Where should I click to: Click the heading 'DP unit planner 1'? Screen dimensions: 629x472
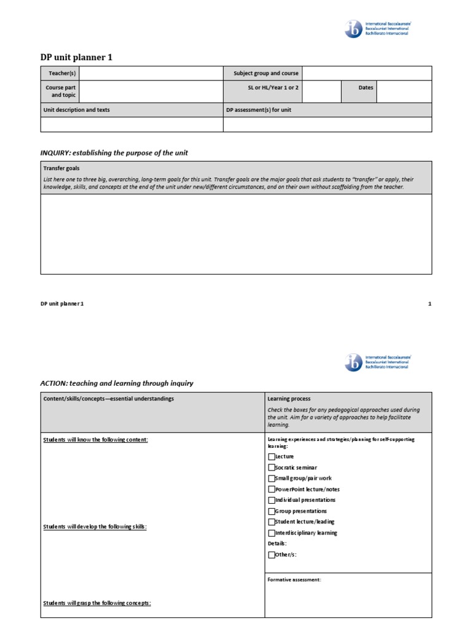point(76,57)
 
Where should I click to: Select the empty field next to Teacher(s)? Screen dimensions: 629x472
point(151,73)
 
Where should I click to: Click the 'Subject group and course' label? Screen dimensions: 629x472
point(265,73)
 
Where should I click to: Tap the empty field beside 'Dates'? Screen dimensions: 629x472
point(404,92)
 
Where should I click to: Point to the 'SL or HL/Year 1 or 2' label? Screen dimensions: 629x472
point(273,88)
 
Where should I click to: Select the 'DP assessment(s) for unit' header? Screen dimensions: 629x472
point(258,110)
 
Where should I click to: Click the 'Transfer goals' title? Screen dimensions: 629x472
point(61,168)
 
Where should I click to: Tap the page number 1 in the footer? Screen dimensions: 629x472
point(430,304)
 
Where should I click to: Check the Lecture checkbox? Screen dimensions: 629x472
point(272,456)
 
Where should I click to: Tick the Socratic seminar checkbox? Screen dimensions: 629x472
point(272,467)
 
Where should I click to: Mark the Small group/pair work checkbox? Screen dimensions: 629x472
point(272,479)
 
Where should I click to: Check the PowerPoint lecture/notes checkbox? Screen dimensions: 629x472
point(272,490)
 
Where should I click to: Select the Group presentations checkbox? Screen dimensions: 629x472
point(272,511)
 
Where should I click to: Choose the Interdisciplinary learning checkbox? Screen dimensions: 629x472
point(272,533)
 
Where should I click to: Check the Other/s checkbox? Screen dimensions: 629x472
point(272,555)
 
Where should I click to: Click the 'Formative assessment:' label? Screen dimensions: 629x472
point(294,579)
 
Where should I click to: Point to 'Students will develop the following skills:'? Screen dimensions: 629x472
point(95,526)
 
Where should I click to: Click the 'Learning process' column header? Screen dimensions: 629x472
point(289,399)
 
